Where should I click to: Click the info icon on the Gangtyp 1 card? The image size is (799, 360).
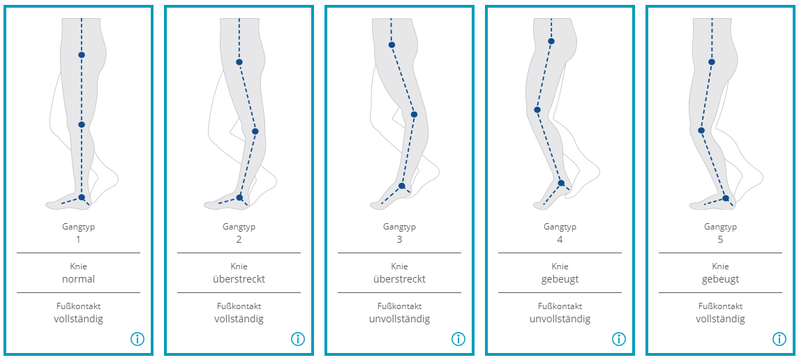pyautogui.click(x=137, y=338)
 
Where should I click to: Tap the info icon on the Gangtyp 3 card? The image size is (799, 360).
pyautogui.click(x=458, y=338)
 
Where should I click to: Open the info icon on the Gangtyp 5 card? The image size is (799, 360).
pyautogui.click(x=779, y=338)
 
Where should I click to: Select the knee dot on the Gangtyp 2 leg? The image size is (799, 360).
pyautogui.click(x=255, y=131)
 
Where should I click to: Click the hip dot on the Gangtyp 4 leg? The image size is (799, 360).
pyautogui.click(x=551, y=41)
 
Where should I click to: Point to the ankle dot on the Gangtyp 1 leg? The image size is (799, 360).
pyautogui.click(x=82, y=197)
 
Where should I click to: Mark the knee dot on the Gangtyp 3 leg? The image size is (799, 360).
pyautogui.click(x=415, y=114)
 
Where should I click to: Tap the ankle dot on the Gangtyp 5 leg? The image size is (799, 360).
pyautogui.click(x=726, y=198)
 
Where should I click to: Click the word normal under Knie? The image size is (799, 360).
pyautogui.click(x=78, y=279)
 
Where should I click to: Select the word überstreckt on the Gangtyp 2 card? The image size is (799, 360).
pyautogui.click(x=239, y=279)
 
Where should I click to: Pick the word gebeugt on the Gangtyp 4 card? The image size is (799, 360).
pyautogui.click(x=560, y=280)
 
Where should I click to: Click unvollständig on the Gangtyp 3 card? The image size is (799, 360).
pyautogui.click(x=399, y=320)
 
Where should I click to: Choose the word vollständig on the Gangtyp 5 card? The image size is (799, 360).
pyautogui.click(x=721, y=320)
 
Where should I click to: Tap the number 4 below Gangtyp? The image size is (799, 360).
pyautogui.click(x=560, y=239)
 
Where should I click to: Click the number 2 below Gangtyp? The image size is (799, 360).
pyautogui.click(x=239, y=239)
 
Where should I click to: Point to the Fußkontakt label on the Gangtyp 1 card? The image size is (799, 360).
pyautogui.click(x=78, y=306)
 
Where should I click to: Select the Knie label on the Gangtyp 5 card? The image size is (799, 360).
pyautogui.click(x=721, y=267)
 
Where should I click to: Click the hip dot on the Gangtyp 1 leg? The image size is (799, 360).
pyautogui.click(x=82, y=54)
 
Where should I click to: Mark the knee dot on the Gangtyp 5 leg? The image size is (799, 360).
pyautogui.click(x=701, y=130)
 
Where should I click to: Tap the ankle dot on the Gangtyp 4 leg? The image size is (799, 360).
pyautogui.click(x=561, y=183)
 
